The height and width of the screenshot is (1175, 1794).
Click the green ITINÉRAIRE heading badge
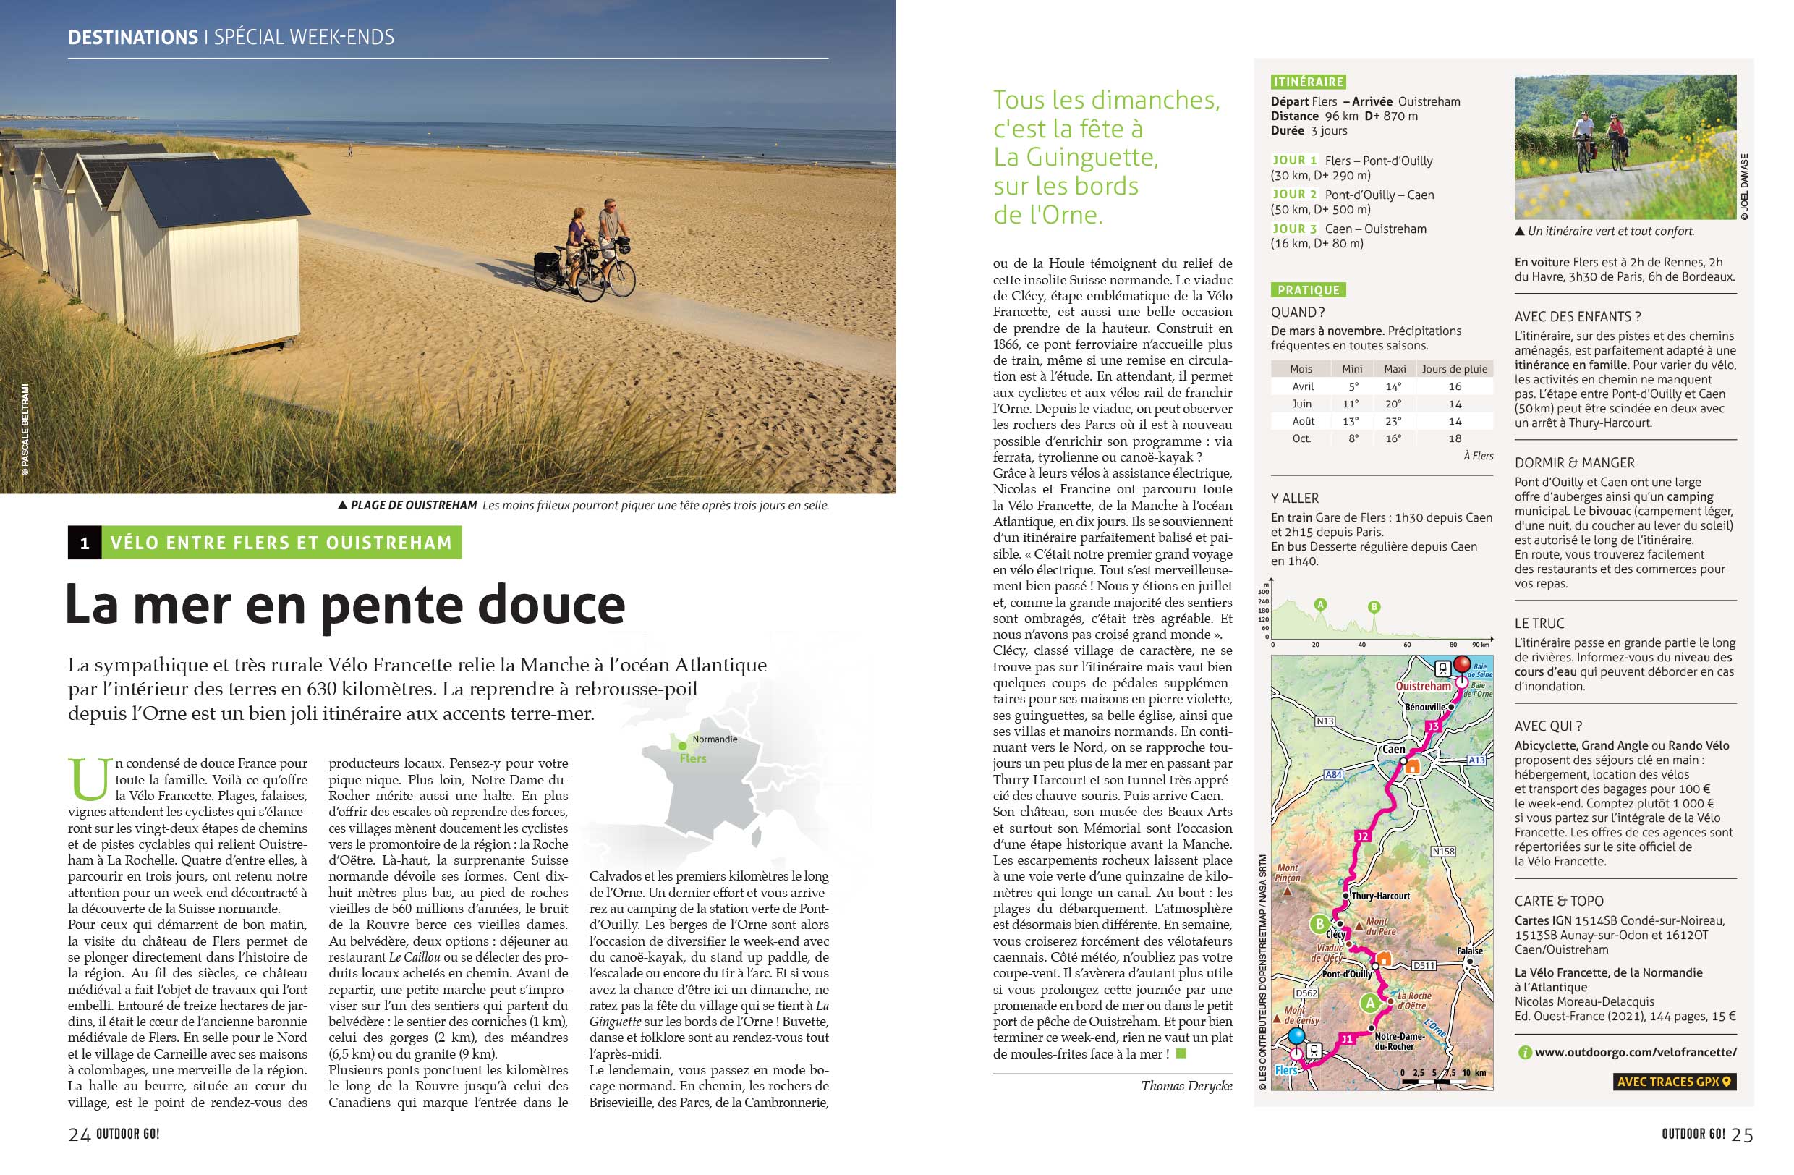tap(1309, 82)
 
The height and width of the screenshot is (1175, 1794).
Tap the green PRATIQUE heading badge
tap(1309, 290)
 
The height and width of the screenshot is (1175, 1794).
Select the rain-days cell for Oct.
tap(1454, 438)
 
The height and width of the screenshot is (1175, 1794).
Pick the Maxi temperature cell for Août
tap(1393, 421)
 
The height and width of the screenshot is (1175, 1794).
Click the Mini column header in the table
tap(1352, 369)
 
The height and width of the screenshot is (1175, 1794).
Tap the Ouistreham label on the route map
tap(1423, 686)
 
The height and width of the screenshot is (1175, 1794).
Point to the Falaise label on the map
tap(1469, 951)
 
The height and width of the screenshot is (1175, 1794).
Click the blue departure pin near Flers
tap(1296, 1037)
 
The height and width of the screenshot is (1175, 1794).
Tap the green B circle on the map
tap(1319, 924)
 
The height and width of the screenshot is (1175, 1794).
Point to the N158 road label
tap(1442, 851)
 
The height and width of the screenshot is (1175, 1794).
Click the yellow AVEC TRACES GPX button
tap(1674, 1082)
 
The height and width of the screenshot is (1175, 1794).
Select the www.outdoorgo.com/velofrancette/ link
tap(1636, 1052)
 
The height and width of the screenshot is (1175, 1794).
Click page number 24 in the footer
tap(79, 1135)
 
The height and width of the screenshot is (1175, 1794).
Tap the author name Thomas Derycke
tap(1186, 1086)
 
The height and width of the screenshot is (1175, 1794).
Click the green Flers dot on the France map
tap(682, 746)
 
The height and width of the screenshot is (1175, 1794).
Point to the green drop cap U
tap(89, 779)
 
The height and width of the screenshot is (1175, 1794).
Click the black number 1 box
tap(85, 543)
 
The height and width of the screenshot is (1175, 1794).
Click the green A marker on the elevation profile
tap(1320, 604)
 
